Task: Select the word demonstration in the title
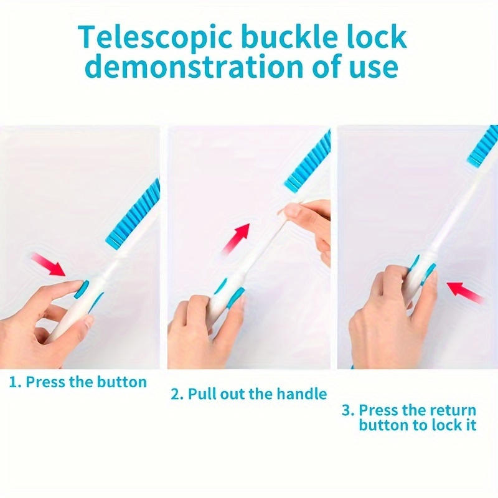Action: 194,65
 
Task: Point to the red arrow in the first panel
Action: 49,263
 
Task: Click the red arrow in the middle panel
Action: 237,238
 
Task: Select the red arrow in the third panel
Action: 464,291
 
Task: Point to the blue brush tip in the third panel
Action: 482,147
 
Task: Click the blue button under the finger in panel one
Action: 82,288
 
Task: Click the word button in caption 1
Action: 121,382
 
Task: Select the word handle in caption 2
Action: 301,394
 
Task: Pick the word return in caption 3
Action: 455,410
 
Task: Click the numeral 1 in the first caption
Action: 13,382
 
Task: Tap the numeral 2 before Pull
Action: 175,394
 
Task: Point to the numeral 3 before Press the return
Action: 346,410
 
